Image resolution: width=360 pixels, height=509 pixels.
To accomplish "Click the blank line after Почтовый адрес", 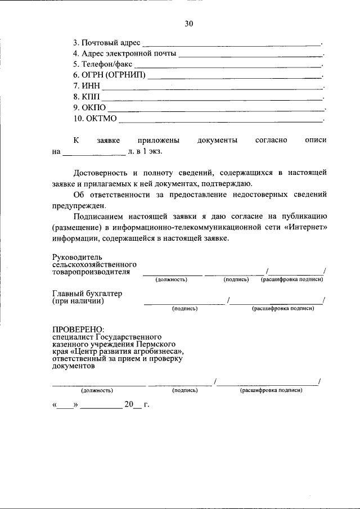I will (x=231, y=44).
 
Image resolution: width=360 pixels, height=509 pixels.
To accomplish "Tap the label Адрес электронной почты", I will (x=129, y=53).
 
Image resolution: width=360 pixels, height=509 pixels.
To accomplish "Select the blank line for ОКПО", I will (x=216, y=109).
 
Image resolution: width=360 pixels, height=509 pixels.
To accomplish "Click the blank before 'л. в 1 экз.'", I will (x=94, y=154).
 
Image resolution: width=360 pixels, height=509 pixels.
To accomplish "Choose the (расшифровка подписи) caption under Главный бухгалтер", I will (x=282, y=309).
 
